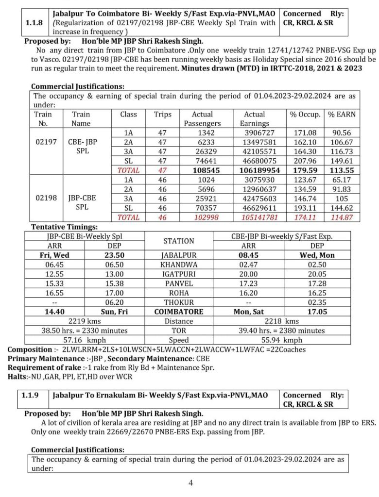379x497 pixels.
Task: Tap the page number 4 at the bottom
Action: pyautogui.click(x=191, y=483)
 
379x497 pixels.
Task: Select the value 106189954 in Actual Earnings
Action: pyautogui.click(x=254, y=170)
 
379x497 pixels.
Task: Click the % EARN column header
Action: pyautogui.click(x=342, y=115)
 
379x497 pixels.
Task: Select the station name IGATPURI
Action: pyautogui.click(x=179, y=274)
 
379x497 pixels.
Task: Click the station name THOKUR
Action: pyautogui.click(x=179, y=301)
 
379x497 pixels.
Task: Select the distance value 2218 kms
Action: pyautogui.click(x=284, y=321)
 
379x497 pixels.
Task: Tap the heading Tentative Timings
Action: pyautogui.click(x=65, y=227)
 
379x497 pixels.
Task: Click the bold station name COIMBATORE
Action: pyautogui.click(x=179, y=311)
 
